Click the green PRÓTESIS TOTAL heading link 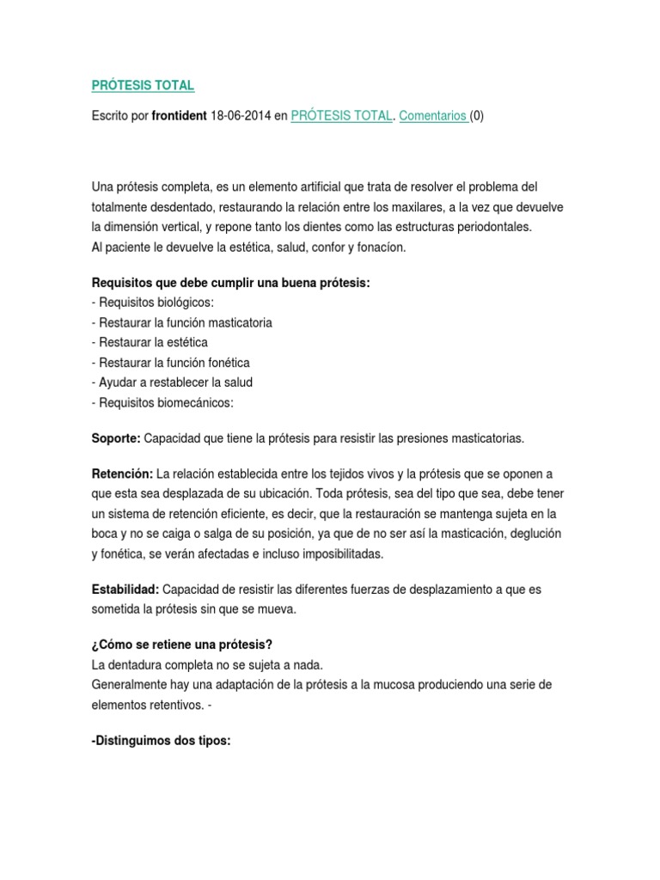(x=143, y=86)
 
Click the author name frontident (x=179, y=116)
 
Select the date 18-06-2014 (x=241, y=116)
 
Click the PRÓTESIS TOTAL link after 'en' (x=341, y=116)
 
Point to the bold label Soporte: (x=116, y=438)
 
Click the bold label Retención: (x=122, y=474)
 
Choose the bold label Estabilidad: (x=124, y=590)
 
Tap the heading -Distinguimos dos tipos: (x=161, y=740)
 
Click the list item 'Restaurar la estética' (x=152, y=342)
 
